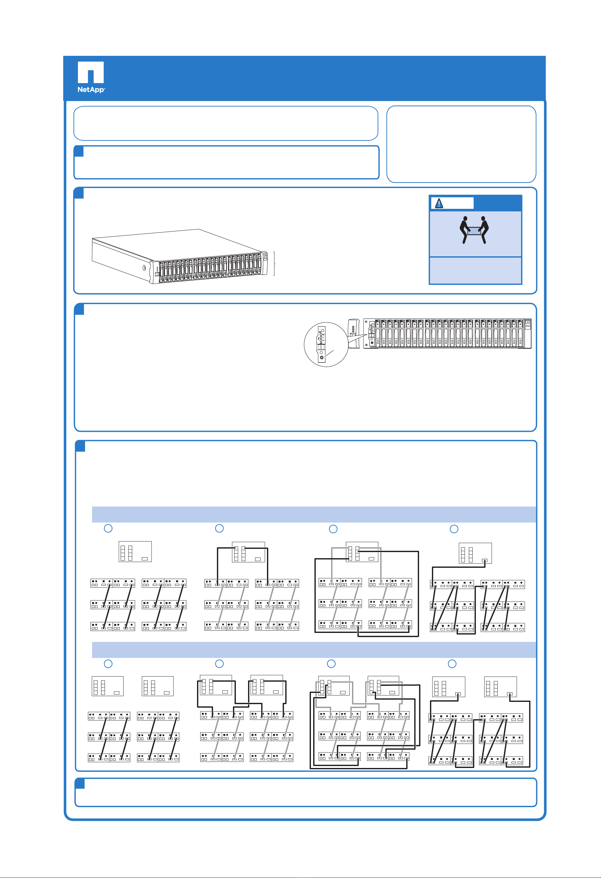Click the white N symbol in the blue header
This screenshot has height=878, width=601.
click(x=91, y=72)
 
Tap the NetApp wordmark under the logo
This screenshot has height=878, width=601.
click(x=91, y=90)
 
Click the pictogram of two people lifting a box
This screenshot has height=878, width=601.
click(x=474, y=230)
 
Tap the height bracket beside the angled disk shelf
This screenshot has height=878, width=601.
click(x=274, y=264)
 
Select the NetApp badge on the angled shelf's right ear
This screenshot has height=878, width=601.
click(x=265, y=256)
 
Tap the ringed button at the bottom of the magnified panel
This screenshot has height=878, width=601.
click(x=322, y=357)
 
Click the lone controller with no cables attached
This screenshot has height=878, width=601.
click(x=135, y=551)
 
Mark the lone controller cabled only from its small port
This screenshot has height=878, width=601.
click(x=475, y=553)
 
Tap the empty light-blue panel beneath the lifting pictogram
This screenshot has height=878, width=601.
click(x=476, y=270)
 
